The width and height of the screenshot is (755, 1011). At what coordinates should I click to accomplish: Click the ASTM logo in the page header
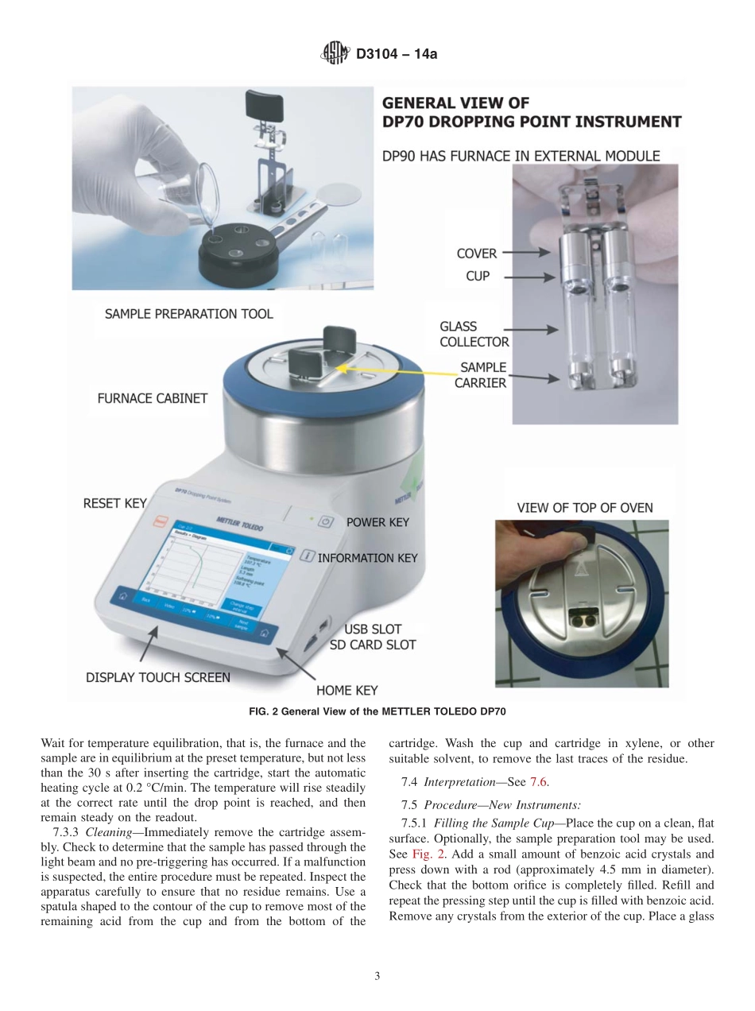(x=335, y=54)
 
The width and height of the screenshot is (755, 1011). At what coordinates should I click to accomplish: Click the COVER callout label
(x=476, y=254)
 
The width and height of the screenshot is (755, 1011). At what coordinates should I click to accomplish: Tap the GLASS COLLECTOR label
(x=474, y=334)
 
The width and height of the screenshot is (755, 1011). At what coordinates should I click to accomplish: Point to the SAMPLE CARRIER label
(x=480, y=374)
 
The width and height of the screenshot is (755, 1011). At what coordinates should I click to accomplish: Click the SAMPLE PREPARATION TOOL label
(x=188, y=313)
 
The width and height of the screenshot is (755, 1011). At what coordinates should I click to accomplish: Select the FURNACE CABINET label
(x=152, y=398)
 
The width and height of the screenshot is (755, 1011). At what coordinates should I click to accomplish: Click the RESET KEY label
(x=114, y=503)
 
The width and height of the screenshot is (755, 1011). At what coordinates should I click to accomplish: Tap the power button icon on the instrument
(x=324, y=522)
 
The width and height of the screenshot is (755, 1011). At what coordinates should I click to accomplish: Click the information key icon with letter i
(x=308, y=557)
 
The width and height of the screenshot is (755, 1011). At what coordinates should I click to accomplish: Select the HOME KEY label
(x=347, y=690)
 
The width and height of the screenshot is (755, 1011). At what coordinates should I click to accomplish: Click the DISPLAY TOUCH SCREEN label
(x=157, y=677)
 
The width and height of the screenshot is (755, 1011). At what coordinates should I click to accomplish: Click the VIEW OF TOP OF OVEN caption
(x=585, y=508)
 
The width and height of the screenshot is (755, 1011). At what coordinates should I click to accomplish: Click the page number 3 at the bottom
(x=377, y=976)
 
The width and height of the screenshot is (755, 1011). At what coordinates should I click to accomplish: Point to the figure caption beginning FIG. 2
(x=377, y=711)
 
